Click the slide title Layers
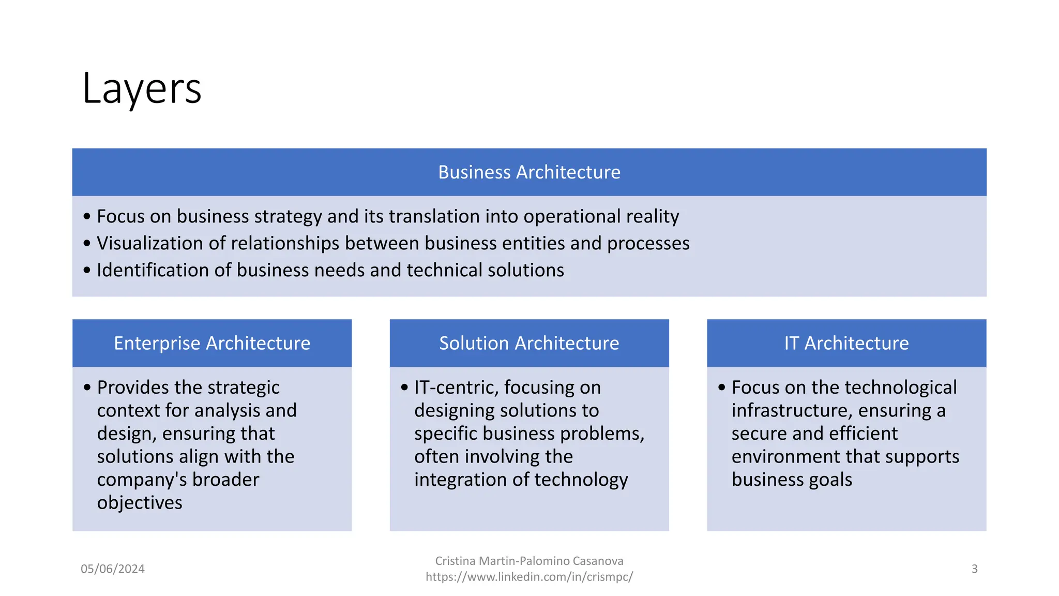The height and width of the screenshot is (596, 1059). click(x=142, y=89)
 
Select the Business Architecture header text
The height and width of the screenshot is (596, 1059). click(x=529, y=172)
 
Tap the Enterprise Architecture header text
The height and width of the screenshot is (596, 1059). click(x=212, y=343)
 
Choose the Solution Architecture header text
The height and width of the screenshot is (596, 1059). click(x=529, y=343)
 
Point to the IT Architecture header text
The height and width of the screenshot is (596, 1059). click(x=846, y=343)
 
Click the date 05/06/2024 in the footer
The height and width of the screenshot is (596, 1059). click(x=113, y=569)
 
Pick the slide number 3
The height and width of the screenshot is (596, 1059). click(x=974, y=569)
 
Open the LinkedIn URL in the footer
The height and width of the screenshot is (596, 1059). click(x=529, y=577)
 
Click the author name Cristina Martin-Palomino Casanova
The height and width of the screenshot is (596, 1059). click(x=529, y=561)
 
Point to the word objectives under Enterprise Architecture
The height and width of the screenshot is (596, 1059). click(x=140, y=503)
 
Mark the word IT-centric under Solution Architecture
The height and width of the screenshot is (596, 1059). click(x=456, y=387)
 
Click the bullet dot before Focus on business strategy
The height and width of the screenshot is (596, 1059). click(x=87, y=216)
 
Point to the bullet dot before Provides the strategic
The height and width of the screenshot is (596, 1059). click(x=87, y=388)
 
